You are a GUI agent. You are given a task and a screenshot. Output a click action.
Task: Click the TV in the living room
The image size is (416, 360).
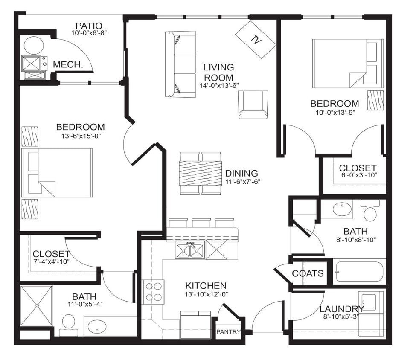256,40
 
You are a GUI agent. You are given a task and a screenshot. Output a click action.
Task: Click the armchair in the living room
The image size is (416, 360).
253,105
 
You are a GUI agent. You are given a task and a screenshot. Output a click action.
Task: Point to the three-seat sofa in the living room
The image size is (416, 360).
180,64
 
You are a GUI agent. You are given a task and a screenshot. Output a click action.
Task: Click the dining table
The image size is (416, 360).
201,173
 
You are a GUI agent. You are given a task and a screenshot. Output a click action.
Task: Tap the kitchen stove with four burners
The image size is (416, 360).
154,292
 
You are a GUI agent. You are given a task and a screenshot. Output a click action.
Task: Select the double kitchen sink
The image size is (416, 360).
190,250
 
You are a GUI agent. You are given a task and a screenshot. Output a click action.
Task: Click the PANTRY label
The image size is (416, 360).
229,332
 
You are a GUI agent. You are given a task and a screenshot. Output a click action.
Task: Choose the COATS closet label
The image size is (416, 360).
308,273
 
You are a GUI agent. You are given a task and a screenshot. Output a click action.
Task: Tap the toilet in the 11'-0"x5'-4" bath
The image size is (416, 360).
68,324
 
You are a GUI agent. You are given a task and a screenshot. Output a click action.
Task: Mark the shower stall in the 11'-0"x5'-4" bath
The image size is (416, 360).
36,305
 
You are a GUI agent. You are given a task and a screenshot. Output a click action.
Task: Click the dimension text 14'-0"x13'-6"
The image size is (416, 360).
219,85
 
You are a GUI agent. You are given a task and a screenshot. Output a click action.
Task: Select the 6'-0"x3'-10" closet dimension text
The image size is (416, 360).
358,175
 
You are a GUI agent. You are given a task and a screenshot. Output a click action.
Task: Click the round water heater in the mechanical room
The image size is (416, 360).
34,45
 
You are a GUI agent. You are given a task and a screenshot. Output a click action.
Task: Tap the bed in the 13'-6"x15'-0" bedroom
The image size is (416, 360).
58,173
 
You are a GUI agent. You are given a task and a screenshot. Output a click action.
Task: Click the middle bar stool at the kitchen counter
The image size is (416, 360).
201,223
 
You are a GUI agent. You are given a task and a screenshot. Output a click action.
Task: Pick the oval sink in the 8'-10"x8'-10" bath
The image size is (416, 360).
342,209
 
